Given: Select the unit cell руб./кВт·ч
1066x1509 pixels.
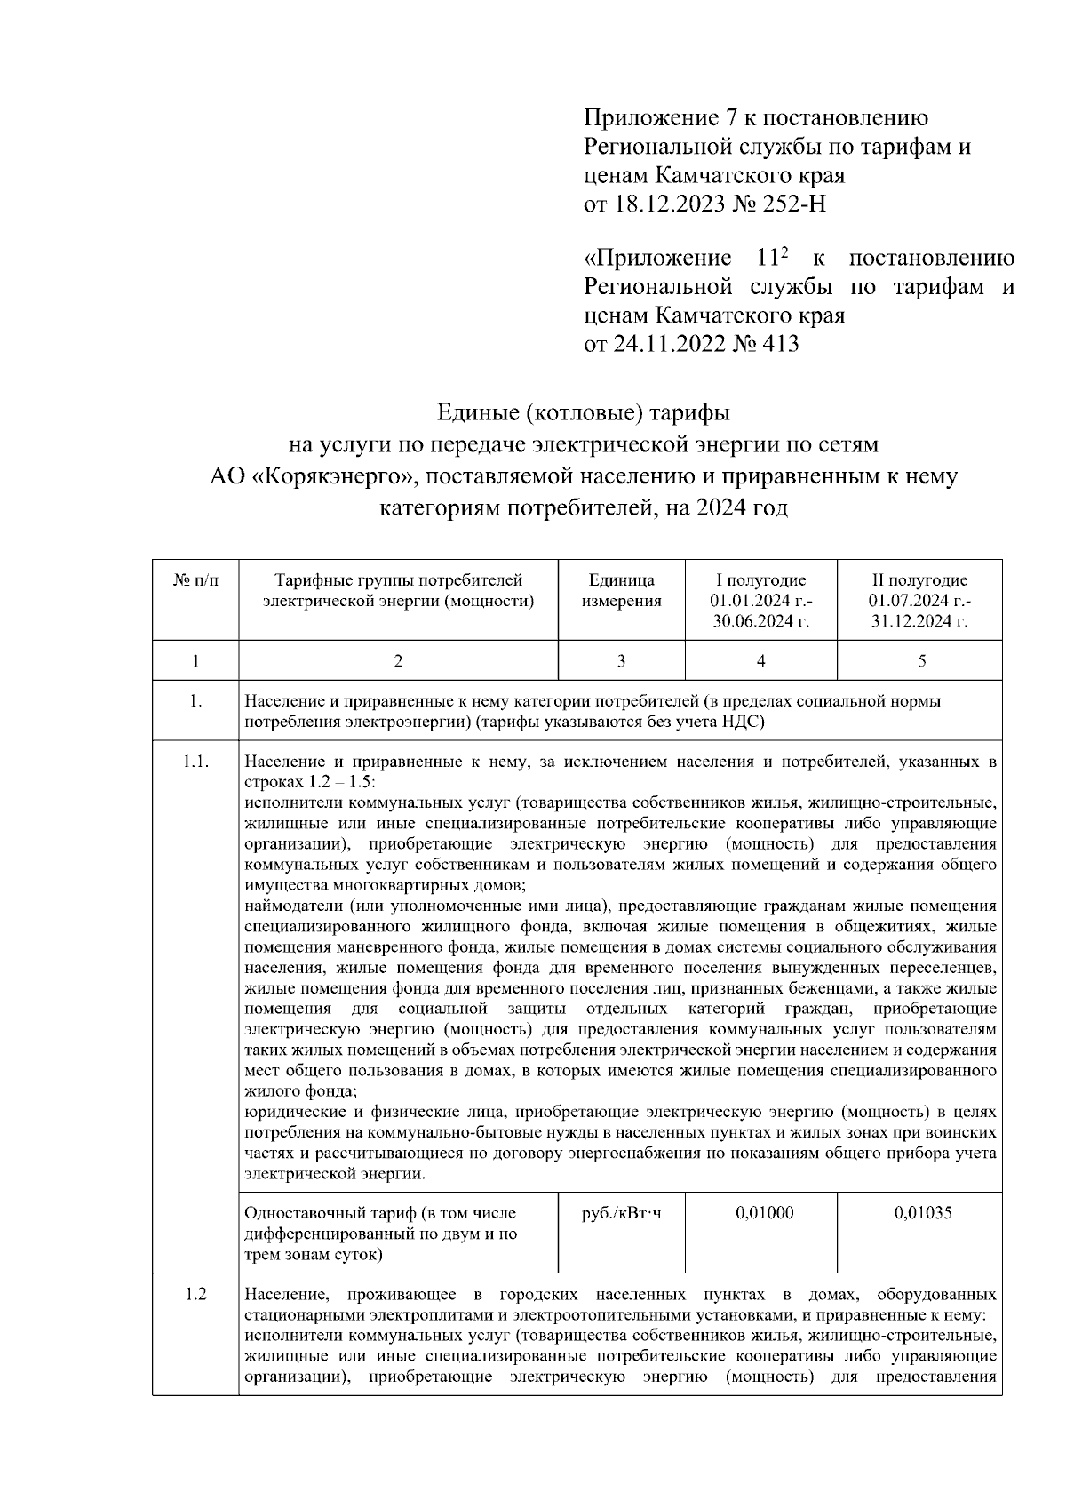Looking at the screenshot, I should tap(621, 1213).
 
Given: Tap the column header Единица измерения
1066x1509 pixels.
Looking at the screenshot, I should tap(621, 591).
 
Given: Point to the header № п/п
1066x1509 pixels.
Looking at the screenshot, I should tap(195, 581).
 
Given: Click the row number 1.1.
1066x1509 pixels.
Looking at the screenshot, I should tap(195, 762).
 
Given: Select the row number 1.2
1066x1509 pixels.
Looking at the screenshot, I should tap(195, 1295).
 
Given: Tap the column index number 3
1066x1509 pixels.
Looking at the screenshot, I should tap(621, 661).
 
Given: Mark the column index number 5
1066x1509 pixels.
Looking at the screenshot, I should tap(921, 661).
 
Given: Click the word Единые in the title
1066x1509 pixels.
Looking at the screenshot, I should tap(476, 414).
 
